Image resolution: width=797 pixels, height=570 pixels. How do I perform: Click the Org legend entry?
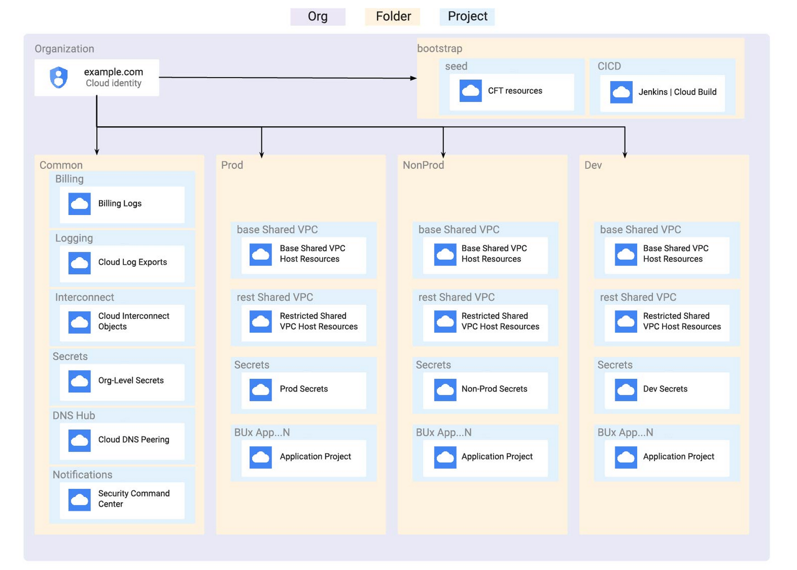[318, 17]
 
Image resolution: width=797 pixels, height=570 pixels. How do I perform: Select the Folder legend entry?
[393, 17]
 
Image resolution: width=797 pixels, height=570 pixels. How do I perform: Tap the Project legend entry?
[467, 17]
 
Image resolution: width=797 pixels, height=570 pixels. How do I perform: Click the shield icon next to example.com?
[59, 77]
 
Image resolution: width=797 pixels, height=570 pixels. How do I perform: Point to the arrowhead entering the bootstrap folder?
[414, 78]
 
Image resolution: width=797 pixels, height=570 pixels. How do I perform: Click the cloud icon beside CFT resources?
[470, 91]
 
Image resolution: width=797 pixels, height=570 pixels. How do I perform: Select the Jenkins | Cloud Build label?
[677, 92]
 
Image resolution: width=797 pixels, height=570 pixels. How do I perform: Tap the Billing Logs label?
[120, 204]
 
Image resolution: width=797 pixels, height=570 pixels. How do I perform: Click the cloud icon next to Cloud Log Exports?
[79, 263]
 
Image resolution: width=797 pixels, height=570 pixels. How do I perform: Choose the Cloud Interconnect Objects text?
[133, 321]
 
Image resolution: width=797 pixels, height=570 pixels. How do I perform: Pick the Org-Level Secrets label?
[131, 380]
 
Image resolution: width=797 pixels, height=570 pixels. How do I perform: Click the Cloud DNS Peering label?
[133, 439]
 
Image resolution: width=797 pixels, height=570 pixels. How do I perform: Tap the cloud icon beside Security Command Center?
[79, 499]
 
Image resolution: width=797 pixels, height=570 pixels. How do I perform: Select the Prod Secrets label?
[304, 389]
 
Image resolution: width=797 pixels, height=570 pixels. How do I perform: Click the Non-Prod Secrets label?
[494, 389]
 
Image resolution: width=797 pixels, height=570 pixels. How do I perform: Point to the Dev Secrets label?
[665, 389]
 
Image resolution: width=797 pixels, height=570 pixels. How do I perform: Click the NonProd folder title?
[423, 165]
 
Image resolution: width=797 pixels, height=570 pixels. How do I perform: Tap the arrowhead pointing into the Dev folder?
[624, 155]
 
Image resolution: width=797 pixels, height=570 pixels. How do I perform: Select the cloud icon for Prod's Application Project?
[261, 457]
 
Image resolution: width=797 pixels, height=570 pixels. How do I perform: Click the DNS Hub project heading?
[74, 415]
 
